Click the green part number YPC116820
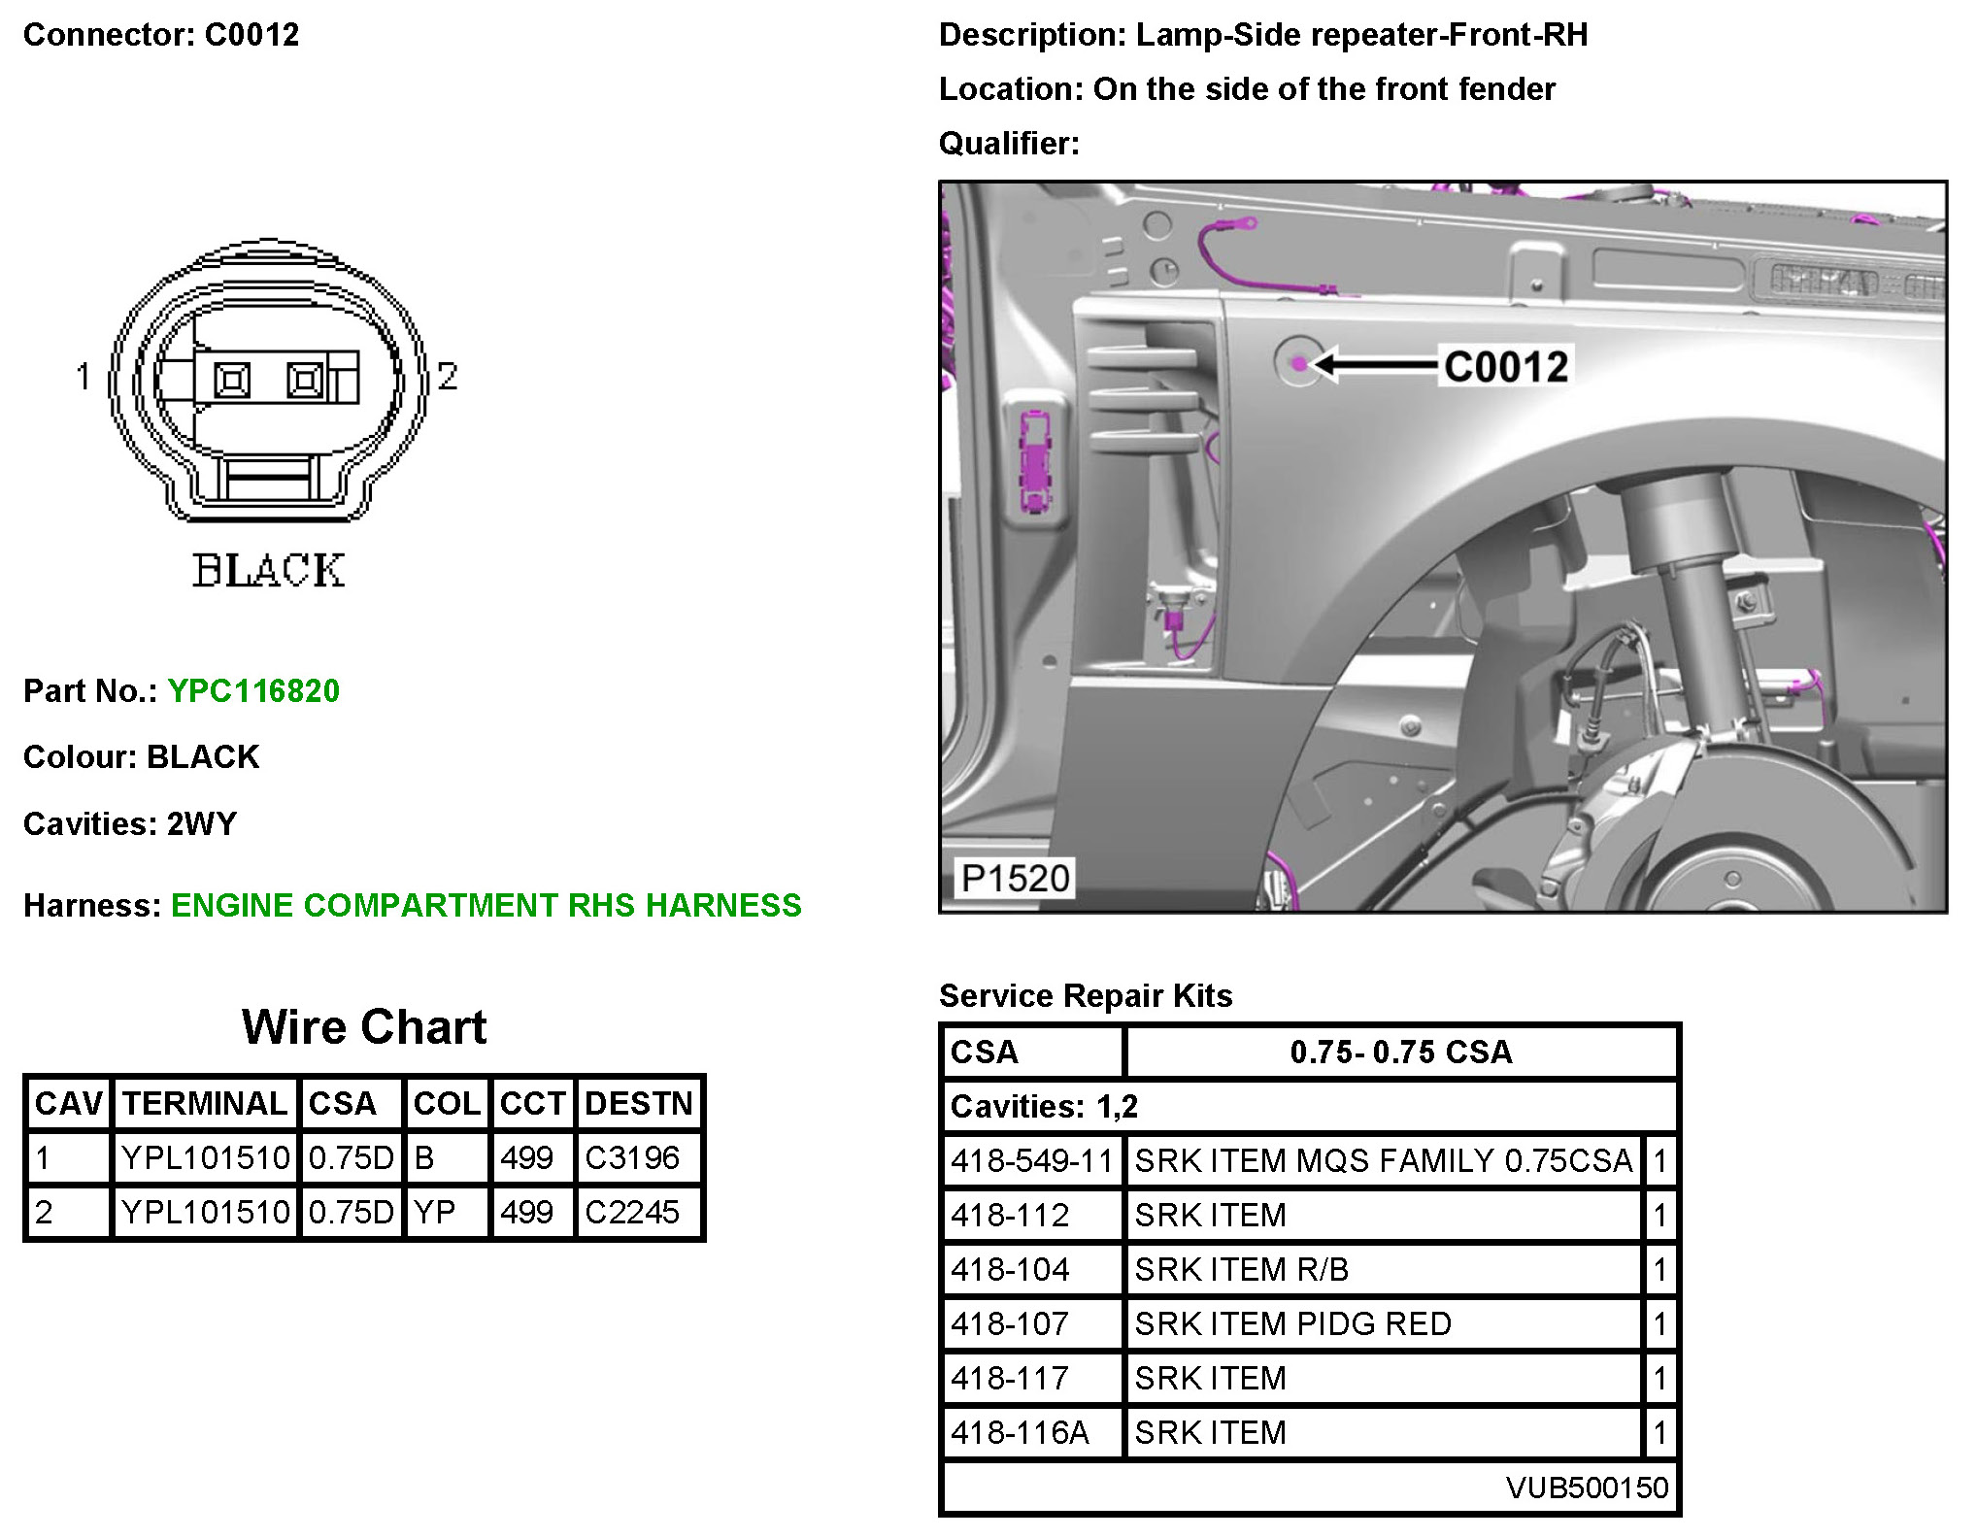click(x=253, y=691)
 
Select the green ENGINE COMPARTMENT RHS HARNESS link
click(x=486, y=905)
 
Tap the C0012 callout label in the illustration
click(x=1505, y=367)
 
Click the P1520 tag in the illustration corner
click(x=1015, y=879)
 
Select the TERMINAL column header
click(x=205, y=1104)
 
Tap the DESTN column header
click(x=639, y=1104)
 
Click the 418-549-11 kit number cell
click(x=1031, y=1160)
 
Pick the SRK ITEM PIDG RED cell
click(x=1292, y=1323)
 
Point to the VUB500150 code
click(x=1587, y=1488)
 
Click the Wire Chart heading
click(x=364, y=1027)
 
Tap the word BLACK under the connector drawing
click(x=268, y=571)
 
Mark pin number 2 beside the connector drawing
click(x=447, y=376)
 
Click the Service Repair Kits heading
click(x=1085, y=995)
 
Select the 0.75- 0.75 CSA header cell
click(x=1400, y=1052)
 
